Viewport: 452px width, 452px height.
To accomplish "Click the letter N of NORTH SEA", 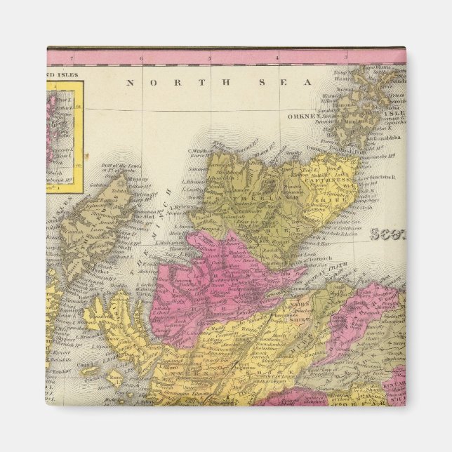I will pyautogui.click(x=129, y=82).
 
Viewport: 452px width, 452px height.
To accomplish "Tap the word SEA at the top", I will pyautogui.click(x=285, y=82).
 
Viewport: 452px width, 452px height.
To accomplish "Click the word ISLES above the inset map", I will pyautogui.click(x=70, y=72).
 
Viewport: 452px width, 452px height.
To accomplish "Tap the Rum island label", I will pyautogui.click(x=116, y=377).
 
